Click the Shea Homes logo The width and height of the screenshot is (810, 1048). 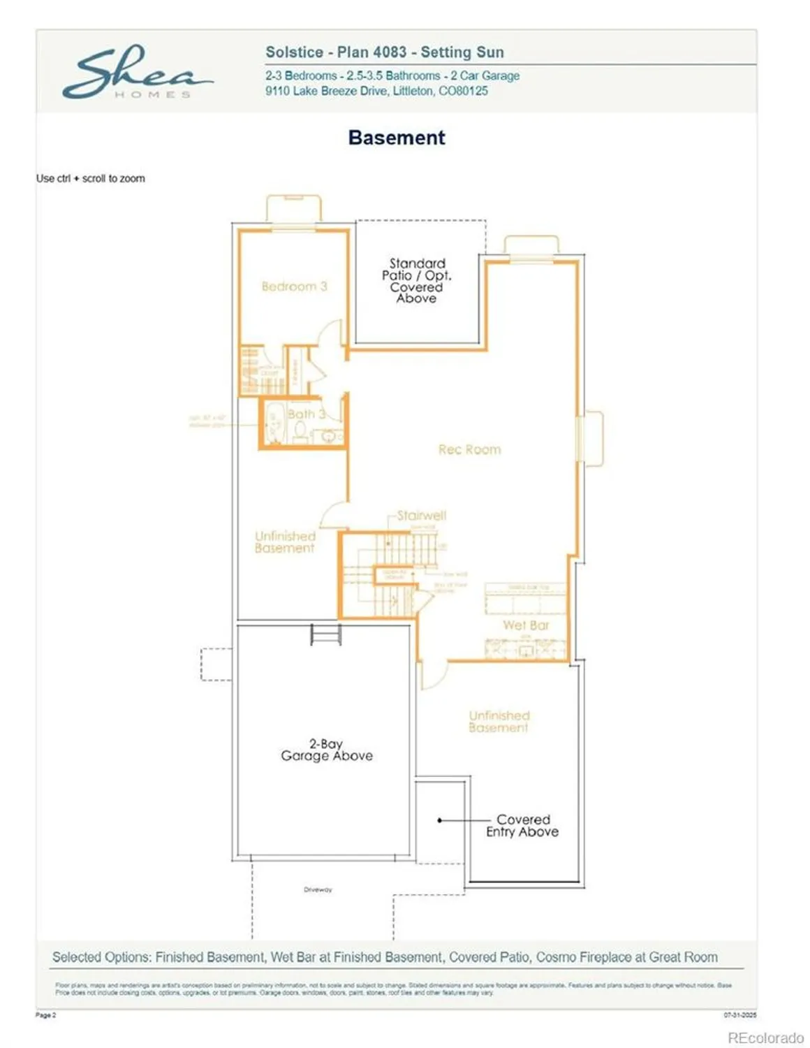pyautogui.click(x=137, y=72)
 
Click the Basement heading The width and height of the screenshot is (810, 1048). pyautogui.click(x=396, y=138)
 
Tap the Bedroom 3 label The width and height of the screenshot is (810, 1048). pyautogui.click(x=294, y=286)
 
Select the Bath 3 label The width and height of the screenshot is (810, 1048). pyautogui.click(x=306, y=414)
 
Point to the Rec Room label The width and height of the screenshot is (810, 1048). pyautogui.click(x=469, y=450)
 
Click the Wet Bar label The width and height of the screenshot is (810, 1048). pyautogui.click(x=526, y=625)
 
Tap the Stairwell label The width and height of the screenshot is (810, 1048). pyautogui.click(x=421, y=516)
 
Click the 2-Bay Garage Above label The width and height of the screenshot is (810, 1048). pyautogui.click(x=327, y=750)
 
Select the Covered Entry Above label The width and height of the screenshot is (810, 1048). pyautogui.click(x=523, y=825)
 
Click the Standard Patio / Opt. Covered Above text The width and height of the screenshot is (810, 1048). pyautogui.click(x=416, y=281)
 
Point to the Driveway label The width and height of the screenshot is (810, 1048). pyautogui.click(x=318, y=889)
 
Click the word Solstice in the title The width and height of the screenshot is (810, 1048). pyautogui.click(x=294, y=52)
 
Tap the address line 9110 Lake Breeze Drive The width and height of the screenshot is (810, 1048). pyautogui.click(x=376, y=91)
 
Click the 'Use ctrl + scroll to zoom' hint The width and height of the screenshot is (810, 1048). pyautogui.click(x=91, y=178)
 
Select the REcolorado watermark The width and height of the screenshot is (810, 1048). pyautogui.click(x=765, y=1038)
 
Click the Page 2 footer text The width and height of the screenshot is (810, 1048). pyautogui.click(x=45, y=1014)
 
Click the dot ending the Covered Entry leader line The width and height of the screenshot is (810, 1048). pyautogui.click(x=439, y=820)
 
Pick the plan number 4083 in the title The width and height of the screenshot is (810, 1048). pyautogui.click(x=389, y=52)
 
